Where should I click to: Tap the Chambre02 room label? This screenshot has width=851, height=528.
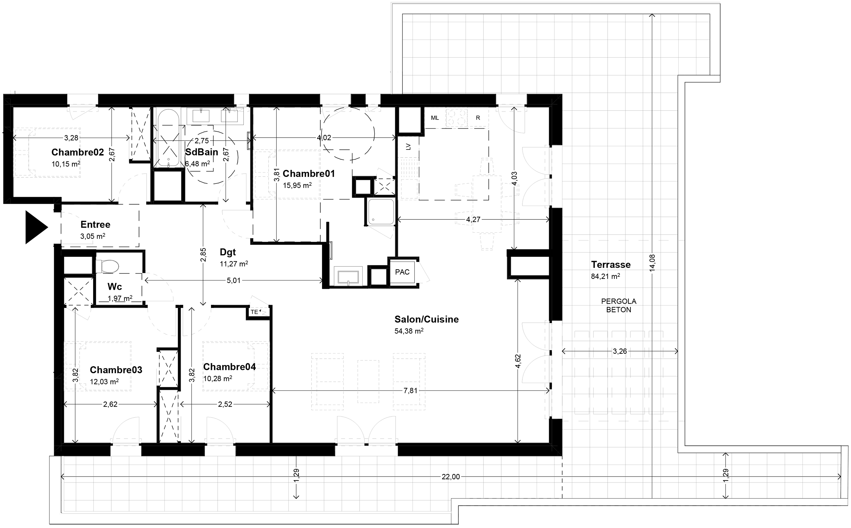[x=78, y=152]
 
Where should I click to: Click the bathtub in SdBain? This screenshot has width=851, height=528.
[x=168, y=138]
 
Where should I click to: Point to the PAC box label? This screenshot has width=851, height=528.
[x=402, y=272]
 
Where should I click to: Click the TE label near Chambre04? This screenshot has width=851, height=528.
[x=254, y=312]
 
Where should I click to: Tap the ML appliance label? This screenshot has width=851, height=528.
[x=435, y=118]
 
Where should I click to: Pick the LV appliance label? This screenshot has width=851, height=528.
[x=408, y=147]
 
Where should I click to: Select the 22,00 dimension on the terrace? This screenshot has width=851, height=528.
[x=451, y=477]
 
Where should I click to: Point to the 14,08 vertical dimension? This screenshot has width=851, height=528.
[x=653, y=263]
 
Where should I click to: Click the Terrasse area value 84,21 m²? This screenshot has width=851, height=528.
[x=605, y=276]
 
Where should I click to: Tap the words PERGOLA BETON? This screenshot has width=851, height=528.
[x=619, y=305]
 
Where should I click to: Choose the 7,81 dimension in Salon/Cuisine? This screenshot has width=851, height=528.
[x=410, y=390]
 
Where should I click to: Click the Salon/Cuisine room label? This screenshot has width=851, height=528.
[x=427, y=319]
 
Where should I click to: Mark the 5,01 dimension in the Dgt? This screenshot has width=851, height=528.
[x=234, y=280]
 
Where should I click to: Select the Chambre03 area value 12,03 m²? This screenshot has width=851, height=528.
[x=104, y=382]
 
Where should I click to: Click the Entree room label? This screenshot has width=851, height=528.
[x=95, y=224]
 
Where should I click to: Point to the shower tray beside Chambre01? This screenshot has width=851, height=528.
[x=381, y=212]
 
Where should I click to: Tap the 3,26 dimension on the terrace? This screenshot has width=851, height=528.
[x=620, y=351]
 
